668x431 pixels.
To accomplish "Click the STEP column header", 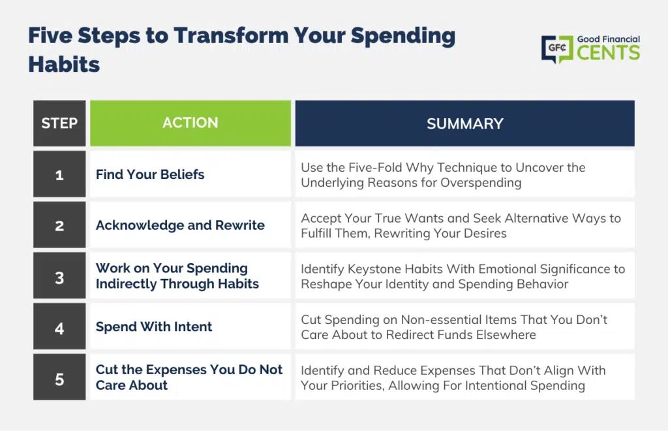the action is click(59, 123).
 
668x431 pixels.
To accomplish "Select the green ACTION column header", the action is click(190, 123).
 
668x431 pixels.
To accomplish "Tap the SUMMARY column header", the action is click(464, 123).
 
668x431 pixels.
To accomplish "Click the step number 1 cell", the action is click(59, 174).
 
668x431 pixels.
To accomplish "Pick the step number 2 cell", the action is click(59, 225).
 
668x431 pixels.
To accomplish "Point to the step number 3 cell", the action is click(59, 276).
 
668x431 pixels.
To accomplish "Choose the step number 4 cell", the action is click(59, 326).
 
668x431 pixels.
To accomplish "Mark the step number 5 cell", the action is click(59, 377).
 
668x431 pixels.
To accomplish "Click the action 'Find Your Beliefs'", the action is click(150, 174).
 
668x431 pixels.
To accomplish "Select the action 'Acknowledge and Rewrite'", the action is click(180, 225).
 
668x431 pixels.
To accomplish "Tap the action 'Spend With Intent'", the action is click(154, 327).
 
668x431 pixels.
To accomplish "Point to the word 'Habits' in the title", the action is click(64, 65).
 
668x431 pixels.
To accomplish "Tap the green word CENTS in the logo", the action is click(609, 53).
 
